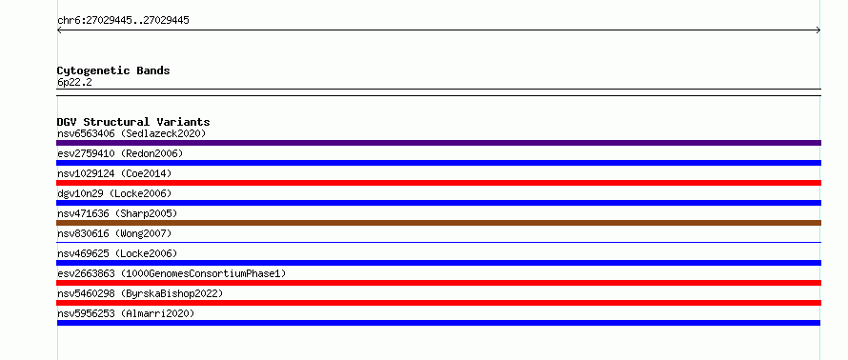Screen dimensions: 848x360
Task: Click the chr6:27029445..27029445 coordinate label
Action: tap(123, 21)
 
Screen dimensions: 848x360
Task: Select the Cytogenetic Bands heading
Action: tap(113, 70)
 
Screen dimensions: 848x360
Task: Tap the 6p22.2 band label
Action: tap(74, 82)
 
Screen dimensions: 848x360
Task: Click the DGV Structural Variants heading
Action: tap(133, 122)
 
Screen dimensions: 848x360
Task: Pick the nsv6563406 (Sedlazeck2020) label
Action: tap(131, 133)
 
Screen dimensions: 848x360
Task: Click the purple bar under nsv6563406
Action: tap(438, 143)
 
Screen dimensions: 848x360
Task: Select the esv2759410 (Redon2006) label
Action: tap(120, 153)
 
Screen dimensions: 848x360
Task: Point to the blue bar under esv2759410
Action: tap(438, 163)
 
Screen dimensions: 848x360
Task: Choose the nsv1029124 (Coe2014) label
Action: tap(114, 173)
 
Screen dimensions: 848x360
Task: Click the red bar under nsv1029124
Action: tap(438, 183)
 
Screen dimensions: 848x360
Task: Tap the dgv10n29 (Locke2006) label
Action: tap(114, 193)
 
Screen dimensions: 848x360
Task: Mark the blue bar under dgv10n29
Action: tap(438, 203)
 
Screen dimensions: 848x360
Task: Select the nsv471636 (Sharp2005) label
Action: tap(117, 213)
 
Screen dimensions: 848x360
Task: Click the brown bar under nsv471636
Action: tap(438, 223)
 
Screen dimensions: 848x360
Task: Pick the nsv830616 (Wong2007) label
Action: tap(114, 233)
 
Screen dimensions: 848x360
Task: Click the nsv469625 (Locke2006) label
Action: tap(117, 253)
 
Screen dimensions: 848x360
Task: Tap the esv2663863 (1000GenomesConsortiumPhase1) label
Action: tap(172, 273)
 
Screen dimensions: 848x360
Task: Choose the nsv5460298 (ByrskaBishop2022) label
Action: tap(140, 293)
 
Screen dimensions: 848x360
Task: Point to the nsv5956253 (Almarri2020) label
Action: tap(126, 313)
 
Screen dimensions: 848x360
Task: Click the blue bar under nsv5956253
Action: tap(438, 323)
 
